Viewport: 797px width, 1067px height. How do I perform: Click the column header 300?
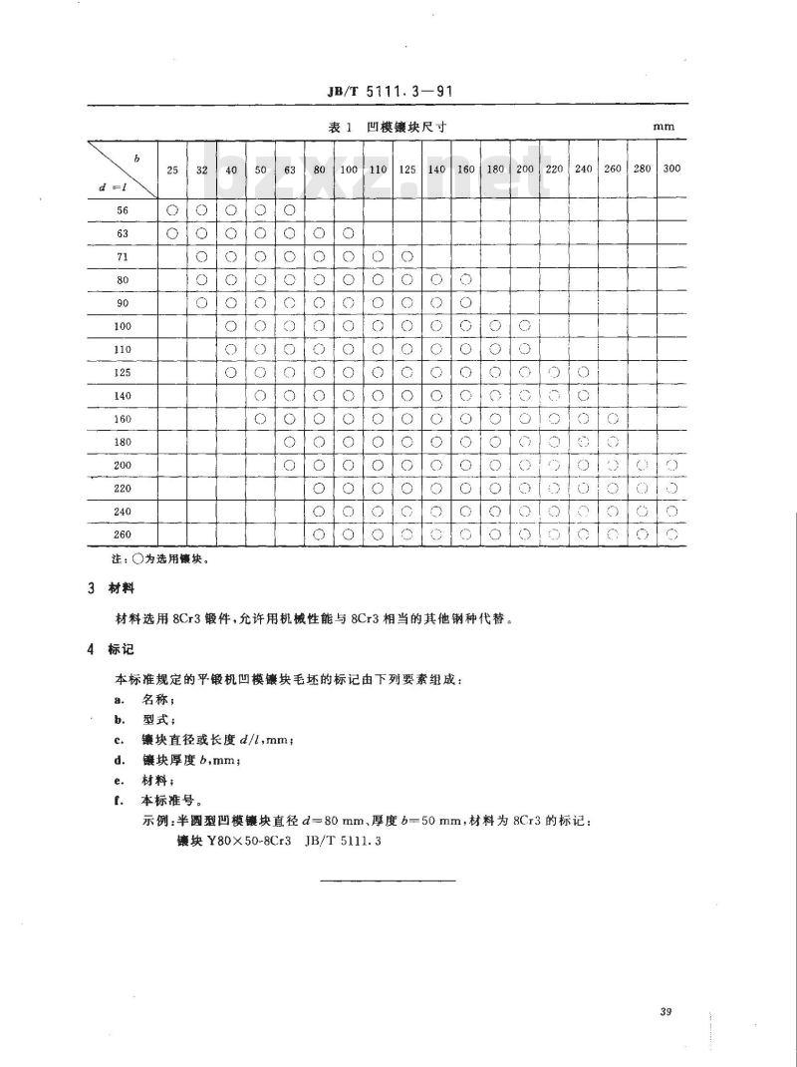[x=671, y=169]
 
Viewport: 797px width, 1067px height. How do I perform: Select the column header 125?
[x=407, y=169]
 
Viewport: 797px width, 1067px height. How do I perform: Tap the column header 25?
[x=172, y=169]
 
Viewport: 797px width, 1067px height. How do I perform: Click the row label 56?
[x=124, y=210]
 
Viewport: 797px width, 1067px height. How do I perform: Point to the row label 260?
[x=124, y=534]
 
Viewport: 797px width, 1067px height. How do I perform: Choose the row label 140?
[x=124, y=395]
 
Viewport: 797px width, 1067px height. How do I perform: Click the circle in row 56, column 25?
[x=172, y=210]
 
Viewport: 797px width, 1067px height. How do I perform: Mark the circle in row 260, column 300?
[x=671, y=534]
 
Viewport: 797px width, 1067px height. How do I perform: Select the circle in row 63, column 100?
[x=349, y=233]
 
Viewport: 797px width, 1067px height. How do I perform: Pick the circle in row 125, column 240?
[x=584, y=372]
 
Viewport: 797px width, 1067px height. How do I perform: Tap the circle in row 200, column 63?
[x=290, y=465]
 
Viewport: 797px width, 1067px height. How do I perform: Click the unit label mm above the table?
[x=664, y=128]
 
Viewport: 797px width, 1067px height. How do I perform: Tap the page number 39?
[x=666, y=1013]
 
